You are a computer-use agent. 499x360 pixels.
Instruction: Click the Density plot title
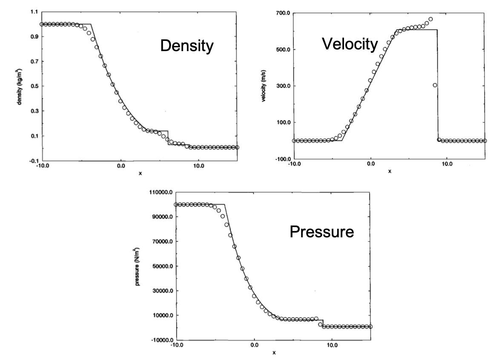click(186, 46)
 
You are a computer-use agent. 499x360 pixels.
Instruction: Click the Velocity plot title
click(350, 43)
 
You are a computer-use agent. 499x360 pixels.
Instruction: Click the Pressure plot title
click(321, 232)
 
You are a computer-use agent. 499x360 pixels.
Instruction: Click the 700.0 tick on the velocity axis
click(283, 13)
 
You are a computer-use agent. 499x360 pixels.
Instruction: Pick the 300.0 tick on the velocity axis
click(283, 86)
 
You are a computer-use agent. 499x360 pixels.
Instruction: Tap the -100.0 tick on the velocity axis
click(282, 159)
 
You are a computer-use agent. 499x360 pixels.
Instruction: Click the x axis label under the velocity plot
click(390, 171)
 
